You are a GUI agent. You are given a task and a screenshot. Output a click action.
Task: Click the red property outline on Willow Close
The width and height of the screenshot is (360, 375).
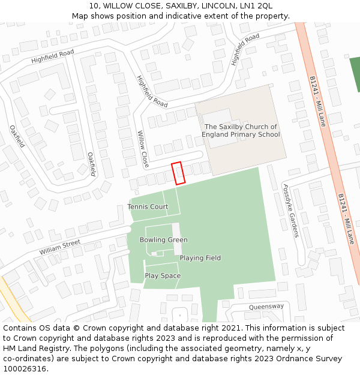[178, 173]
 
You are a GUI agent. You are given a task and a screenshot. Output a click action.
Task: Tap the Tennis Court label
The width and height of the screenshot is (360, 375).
[148, 207]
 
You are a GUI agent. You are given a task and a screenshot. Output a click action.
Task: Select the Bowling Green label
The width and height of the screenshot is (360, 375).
[163, 240]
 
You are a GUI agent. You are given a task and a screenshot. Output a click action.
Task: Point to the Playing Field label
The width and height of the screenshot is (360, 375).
[200, 258]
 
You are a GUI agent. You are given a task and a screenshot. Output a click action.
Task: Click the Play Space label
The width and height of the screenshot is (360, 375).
[163, 276]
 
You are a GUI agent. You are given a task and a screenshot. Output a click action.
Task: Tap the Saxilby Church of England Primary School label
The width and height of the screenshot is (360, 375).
[241, 131]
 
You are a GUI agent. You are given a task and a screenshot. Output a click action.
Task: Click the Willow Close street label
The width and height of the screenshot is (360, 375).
[143, 149]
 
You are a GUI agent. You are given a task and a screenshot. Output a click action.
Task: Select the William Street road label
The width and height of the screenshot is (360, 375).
[60, 247]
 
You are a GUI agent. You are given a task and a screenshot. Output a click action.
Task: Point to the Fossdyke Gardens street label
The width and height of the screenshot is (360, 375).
[290, 211]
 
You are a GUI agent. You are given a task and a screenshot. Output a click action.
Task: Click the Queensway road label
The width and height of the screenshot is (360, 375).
[266, 307]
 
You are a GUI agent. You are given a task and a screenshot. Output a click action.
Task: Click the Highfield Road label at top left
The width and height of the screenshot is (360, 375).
[52, 57]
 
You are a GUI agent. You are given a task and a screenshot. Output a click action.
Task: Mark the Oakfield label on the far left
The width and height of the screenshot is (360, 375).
[17, 136]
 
